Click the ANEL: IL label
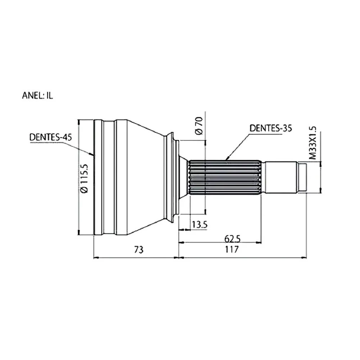tap(37, 95)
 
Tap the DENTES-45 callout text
tap(50, 137)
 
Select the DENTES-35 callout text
tap(271, 128)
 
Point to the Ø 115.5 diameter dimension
tap(84, 179)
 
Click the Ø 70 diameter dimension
tap(199, 126)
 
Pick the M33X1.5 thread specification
tap(313, 143)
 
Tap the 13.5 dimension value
tap(200, 224)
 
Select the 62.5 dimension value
tap(232, 239)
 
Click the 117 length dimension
tap(232, 249)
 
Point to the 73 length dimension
tap(139, 249)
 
